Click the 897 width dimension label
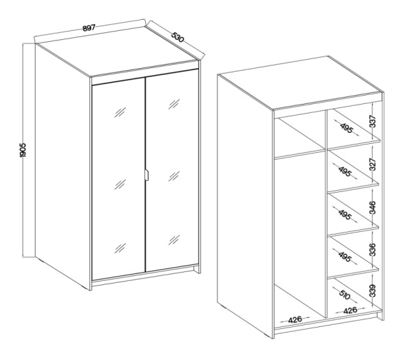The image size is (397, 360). point(89,28)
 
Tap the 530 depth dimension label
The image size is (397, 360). point(178,37)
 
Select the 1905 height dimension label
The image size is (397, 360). point(23,150)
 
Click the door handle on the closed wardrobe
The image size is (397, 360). point(147,175)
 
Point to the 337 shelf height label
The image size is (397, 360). point(373,121)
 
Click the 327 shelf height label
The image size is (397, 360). point(373,164)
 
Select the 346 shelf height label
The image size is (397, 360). point(373,207)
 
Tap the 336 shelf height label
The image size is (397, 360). point(373,250)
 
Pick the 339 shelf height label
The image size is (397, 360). point(373,291)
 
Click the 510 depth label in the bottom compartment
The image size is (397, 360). point(344,295)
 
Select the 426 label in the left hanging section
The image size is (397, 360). point(295,319)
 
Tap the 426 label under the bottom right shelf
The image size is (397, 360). point(350,310)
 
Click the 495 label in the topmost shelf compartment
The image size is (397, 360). point(346,128)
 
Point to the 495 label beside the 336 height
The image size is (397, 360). point(345,257)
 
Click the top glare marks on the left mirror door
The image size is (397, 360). point(120,112)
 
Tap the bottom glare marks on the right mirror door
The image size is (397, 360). point(174,240)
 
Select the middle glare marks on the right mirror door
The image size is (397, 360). point(174,176)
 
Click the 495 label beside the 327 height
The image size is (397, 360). point(345,171)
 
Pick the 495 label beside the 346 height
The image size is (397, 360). point(345,215)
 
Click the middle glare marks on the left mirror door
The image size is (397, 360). point(120,184)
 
